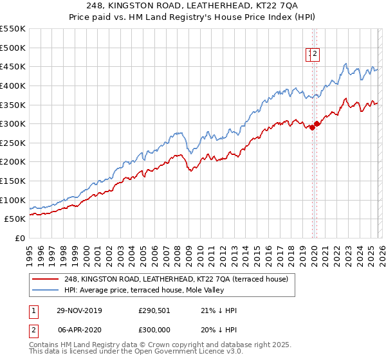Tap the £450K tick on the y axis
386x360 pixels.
point(13,66)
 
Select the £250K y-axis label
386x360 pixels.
point(13,143)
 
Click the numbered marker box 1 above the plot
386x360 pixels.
point(310,55)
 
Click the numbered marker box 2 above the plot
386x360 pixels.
point(316,55)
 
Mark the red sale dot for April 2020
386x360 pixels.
point(317,124)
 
